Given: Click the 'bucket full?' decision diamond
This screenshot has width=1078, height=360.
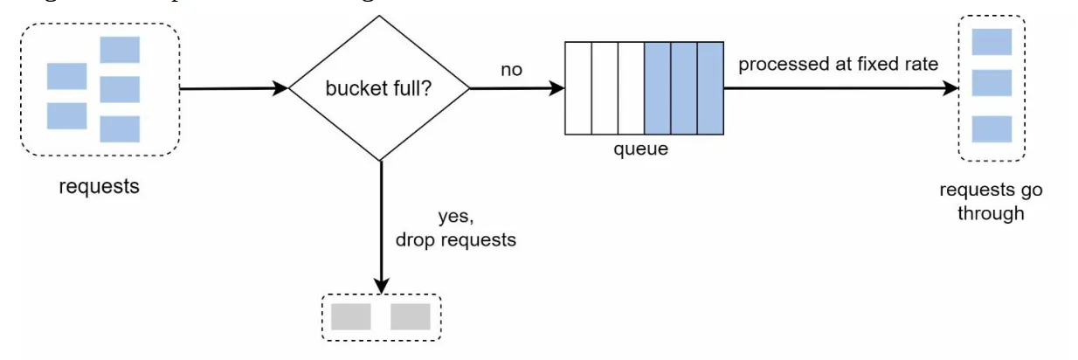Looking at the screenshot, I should coord(380,88).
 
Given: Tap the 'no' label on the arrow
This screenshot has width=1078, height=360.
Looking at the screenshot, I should coord(511,69).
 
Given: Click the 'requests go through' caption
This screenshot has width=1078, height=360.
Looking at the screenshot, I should coord(990,202).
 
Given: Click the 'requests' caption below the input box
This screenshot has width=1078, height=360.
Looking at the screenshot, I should coord(99,186).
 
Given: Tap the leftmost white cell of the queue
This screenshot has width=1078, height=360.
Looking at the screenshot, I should coord(579,88).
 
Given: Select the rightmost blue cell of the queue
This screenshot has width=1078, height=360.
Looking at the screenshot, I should coord(710,88).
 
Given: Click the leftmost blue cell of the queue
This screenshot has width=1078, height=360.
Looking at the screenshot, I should coord(657,88).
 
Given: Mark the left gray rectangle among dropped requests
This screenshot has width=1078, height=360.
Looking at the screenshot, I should coord(351,316).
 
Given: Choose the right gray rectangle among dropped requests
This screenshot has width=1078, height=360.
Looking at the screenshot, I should coord(410,316).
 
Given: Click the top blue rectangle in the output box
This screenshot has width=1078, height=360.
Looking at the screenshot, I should coord(992,42).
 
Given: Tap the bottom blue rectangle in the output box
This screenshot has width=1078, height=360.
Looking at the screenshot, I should coord(992,129).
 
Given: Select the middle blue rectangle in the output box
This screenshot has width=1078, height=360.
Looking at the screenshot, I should coord(992,84).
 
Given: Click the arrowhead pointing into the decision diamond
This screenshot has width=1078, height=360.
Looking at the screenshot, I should coord(280,88).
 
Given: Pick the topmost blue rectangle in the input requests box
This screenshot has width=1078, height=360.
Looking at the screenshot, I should coord(120,50).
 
